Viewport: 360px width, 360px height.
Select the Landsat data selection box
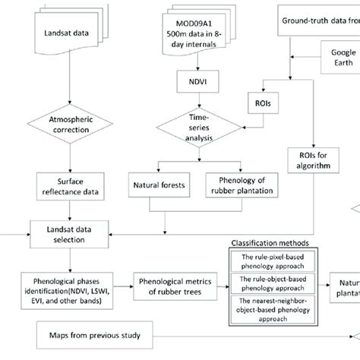[70, 226]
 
